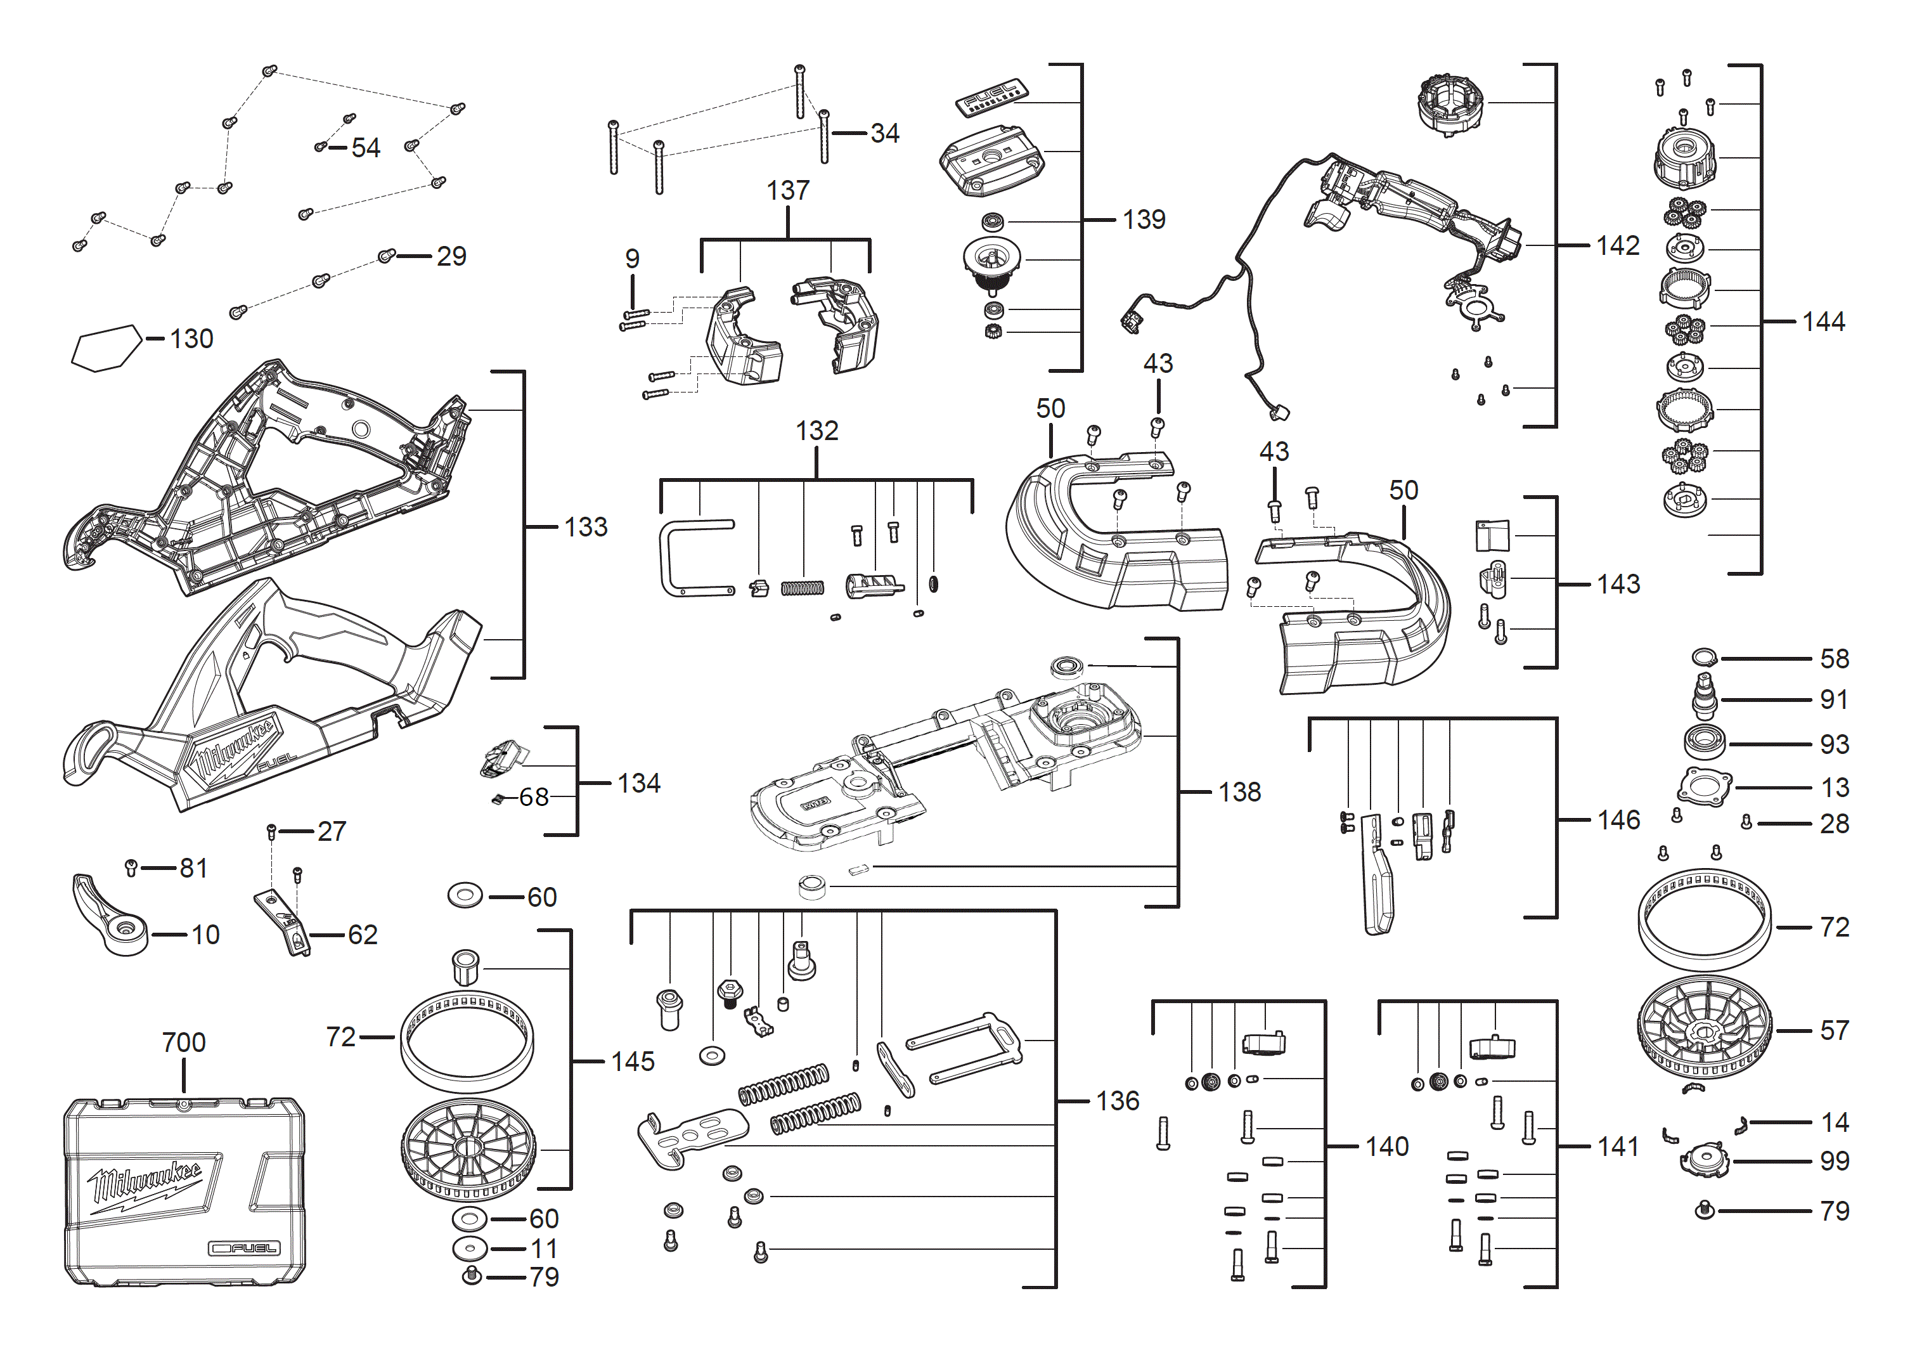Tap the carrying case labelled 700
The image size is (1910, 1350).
pos(184,1192)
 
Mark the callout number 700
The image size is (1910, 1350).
pos(184,1042)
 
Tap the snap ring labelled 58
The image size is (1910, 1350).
pos(1704,658)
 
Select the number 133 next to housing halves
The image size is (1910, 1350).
pos(586,527)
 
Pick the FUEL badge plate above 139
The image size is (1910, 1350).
pos(991,98)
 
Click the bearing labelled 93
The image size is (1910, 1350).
pos(1705,742)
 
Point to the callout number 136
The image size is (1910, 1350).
pos(1117,1101)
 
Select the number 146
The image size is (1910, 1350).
pos(1618,820)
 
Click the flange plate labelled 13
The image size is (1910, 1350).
pos(1705,786)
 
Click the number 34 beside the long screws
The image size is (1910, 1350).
pos(884,133)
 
